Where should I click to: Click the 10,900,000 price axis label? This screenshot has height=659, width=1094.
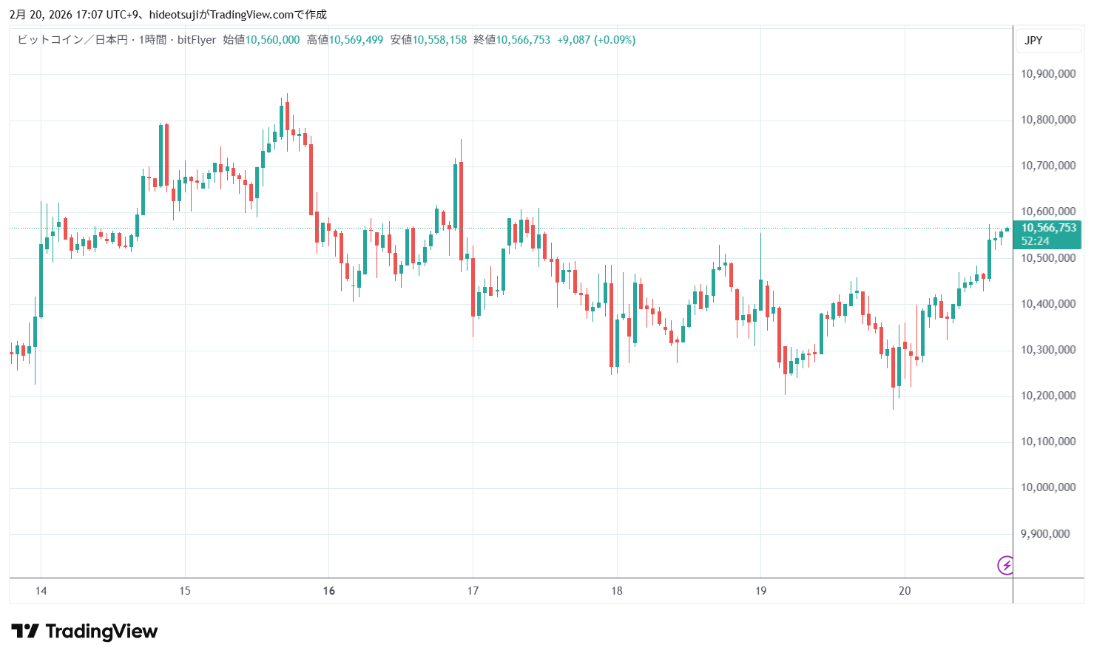click(x=1047, y=74)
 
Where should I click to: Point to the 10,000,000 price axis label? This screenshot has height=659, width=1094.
click(x=1047, y=487)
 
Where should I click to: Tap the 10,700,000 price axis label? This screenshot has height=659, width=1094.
click(x=1047, y=166)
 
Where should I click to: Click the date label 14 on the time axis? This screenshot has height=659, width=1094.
click(x=41, y=591)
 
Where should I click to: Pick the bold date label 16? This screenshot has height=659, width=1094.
click(x=329, y=591)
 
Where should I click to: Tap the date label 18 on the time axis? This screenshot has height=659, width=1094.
click(x=617, y=591)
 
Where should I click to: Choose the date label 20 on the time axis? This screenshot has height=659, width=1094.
click(x=905, y=591)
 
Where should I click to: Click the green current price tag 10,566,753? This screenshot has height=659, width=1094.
click(x=1048, y=228)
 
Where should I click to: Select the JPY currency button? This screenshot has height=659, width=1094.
click(x=1033, y=41)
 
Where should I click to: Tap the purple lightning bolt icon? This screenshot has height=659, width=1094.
click(x=1005, y=566)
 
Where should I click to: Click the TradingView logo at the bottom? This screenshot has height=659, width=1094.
click(x=85, y=632)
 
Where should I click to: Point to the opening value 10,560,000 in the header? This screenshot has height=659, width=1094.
click(x=272, y=40)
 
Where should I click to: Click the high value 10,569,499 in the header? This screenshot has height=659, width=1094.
click(x=356, y=40)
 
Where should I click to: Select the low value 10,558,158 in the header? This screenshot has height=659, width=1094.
click(x=439, y=40)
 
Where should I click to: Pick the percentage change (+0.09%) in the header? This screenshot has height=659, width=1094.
click(x=615, y=40)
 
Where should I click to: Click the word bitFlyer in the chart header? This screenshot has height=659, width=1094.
click(x=197, y=40)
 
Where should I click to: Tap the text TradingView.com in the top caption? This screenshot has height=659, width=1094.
click(x=251, y=15)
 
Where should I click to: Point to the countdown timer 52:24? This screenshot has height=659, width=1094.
click(x=1035, y=241)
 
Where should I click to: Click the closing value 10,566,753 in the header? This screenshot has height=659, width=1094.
click(x=523, y=40)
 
